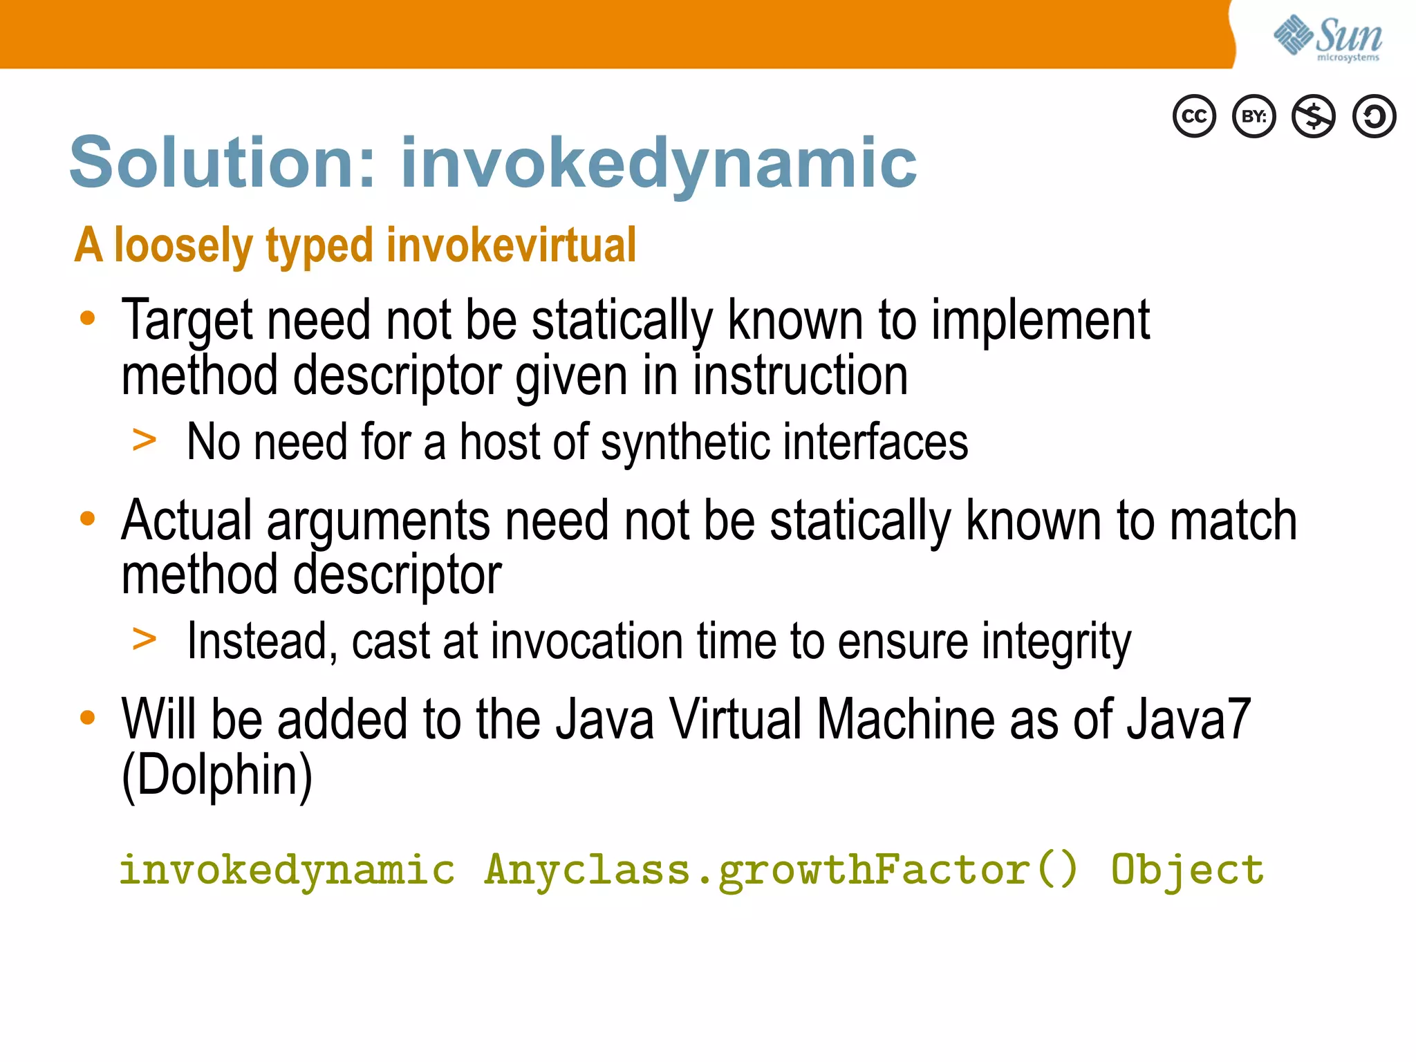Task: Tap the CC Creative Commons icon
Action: [x=1194, y=116]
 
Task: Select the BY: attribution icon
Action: [x=1254, y=116]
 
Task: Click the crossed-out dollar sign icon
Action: [x=1314, y=116]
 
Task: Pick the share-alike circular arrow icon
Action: [x=1374, y=116]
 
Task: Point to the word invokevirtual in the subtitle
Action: [x=511, y=245]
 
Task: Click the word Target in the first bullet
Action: [x=187, y=320]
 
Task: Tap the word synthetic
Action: [x=684, y=442]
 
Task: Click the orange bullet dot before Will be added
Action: [x=87, y=718]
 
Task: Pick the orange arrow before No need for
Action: [x=145, y=440]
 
